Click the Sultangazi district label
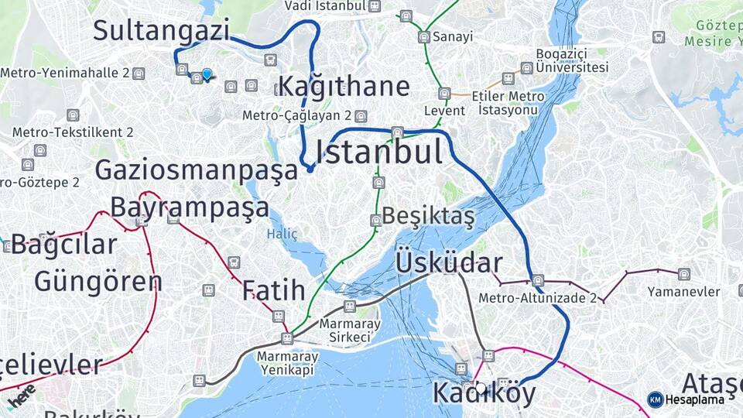162,30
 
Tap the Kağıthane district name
343,85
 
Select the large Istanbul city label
379,151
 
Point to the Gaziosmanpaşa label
196,170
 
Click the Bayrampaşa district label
190,207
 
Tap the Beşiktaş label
428,216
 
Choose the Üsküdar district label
449,262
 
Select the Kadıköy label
484,393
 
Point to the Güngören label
98,281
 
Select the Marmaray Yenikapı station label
286,361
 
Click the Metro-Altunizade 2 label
537,297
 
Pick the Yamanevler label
685,292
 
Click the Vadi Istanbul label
324,6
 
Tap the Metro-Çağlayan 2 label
297,115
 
